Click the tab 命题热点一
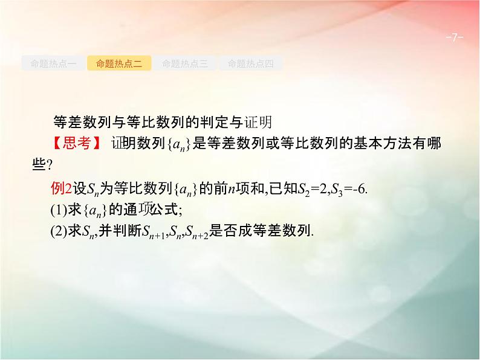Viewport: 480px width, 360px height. pyautogui.click(x=53, y=63)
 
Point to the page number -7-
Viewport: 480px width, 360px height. pyautogui.click(x=453, y=38)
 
